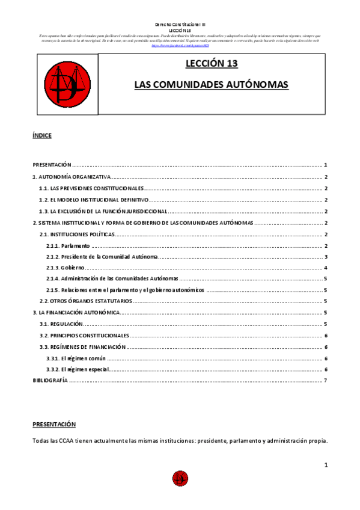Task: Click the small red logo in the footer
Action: point(180,479)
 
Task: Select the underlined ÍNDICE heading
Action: point(42,135)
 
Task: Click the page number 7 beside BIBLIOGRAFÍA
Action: point(325,380)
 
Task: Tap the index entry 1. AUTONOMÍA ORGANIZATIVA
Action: point(72,177)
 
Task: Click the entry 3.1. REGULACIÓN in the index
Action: point(57,324)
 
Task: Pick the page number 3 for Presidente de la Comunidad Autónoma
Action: point(325,257)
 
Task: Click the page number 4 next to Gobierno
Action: point(325,267)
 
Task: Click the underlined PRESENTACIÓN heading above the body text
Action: point(54,423)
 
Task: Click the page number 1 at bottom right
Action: point(325,465)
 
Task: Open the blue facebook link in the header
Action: point(172,45)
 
